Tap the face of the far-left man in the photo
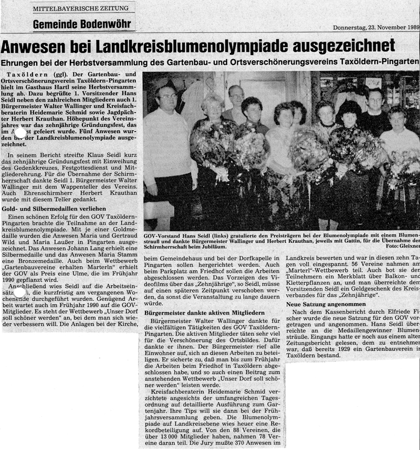click(x=167, y=97)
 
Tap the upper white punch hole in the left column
click(x=20, y=133)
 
